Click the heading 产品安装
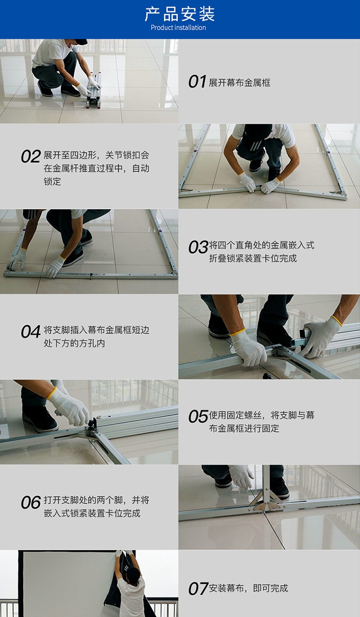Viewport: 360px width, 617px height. (x=180, y=14)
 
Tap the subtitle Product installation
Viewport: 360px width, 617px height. (x=179, y=27)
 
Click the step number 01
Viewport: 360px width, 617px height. (x=197, y=82)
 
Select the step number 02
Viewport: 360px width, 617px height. (x=31, y=156)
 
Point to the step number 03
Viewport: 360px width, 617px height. (x=198, y=247)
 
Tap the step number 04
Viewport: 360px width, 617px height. (x=31, y=332)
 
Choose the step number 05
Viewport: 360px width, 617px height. (x=198, y=416)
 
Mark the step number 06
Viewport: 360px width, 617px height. (x=31, y=502)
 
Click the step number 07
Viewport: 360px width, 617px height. (x=198, y=589)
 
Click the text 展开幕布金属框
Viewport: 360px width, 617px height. (x=240, y=83)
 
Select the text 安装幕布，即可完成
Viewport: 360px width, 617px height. (x=248, y=588)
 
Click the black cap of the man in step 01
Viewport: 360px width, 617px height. (x=81, y=42)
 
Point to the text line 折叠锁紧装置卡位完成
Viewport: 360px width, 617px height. (x=253, y=259)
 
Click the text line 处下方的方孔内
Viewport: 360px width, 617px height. (x=74, y=343)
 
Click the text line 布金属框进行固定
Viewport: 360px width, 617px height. (x=244, y=428)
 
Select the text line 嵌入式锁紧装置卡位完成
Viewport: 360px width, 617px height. (x=92, y=513)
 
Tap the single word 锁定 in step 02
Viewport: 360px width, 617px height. (x=52, y=181)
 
